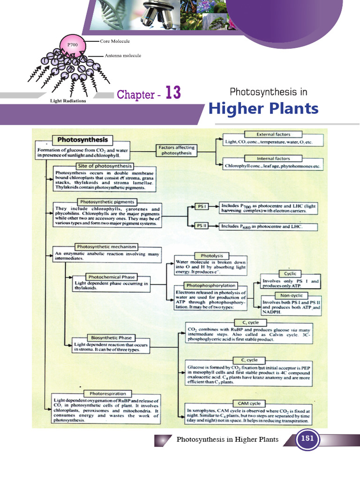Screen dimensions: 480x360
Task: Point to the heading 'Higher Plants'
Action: [263, 109]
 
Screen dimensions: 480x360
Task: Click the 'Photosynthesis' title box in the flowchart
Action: [82, 140]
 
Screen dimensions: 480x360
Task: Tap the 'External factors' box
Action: [273, 134]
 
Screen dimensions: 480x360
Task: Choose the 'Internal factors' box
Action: [273, 158]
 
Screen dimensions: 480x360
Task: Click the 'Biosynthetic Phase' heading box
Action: [109, 337]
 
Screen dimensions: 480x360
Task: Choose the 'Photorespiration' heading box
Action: [107, 393]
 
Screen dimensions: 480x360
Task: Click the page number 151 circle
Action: [307, 440]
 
